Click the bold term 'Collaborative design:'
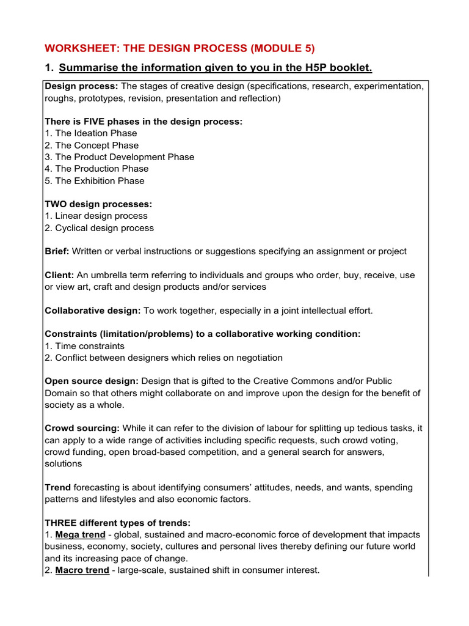pos(92,311)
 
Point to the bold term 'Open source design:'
pos(92,381)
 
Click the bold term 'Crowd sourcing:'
pos(81,429)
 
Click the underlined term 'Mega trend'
pos(80,535)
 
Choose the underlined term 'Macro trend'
pos(81,570)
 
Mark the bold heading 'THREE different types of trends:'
pos(117,523)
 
